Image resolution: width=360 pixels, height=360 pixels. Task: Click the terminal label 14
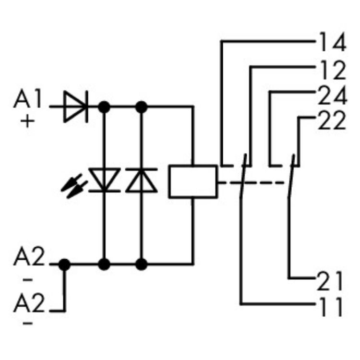coord(331,43)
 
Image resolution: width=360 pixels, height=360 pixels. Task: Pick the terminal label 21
coord(330,281)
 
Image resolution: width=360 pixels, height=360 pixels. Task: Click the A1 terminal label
coord(28,100)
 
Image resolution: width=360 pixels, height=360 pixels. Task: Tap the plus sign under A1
coord(28,122)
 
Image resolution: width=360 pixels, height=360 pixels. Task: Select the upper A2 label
coord(28,259)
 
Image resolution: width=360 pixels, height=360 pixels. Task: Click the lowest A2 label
coord(28,303)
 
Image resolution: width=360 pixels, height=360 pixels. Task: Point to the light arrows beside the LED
coord(74,187)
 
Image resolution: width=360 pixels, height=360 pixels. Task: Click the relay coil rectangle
coord(192,181)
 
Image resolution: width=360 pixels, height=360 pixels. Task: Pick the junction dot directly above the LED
coord(104,106)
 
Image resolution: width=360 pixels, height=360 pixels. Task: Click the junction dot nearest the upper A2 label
coord(64,264)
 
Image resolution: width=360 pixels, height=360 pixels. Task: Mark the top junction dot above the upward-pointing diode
coord(141,106)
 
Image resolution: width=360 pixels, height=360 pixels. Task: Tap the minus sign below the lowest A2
coord(28,324)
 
